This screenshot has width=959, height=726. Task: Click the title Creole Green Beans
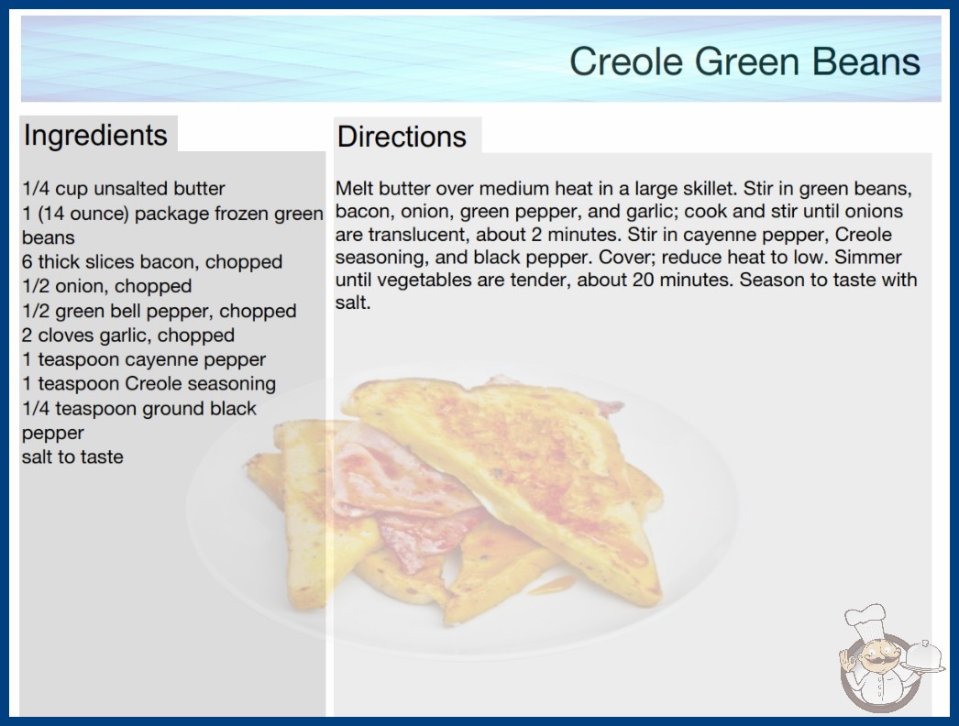click(744, 61)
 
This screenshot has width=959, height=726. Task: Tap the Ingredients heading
click(95, 135)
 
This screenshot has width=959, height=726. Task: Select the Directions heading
click(402, 137)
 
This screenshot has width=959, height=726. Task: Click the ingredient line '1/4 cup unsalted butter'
click(124, 189)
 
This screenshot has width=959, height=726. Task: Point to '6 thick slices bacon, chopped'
click(152, 262)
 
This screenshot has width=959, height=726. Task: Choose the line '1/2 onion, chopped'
click(107, 286)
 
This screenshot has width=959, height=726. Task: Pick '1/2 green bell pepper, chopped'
click(159, 311)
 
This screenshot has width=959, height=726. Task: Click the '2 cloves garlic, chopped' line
click(128, 335)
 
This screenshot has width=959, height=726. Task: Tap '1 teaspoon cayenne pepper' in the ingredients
click(144, 359)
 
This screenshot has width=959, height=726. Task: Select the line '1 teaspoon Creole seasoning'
click(149, 383)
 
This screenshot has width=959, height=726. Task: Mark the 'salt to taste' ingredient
click(72, 456)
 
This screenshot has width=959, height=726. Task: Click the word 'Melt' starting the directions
click(354, 189)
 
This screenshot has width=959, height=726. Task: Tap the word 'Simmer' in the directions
click(868, 257)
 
